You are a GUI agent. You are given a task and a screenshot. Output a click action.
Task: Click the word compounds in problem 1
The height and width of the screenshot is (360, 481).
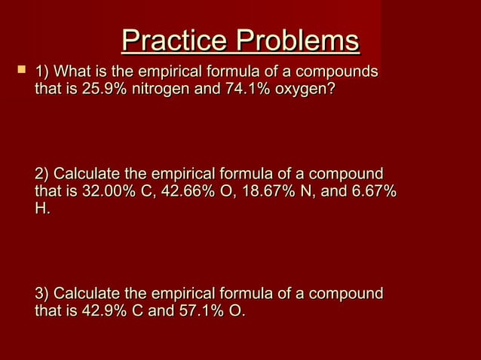coord(337,72)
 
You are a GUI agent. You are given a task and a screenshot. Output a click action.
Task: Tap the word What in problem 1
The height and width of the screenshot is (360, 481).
coord(74,72)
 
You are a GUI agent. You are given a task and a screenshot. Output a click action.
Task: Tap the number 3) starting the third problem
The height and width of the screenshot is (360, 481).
coord(43,293)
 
